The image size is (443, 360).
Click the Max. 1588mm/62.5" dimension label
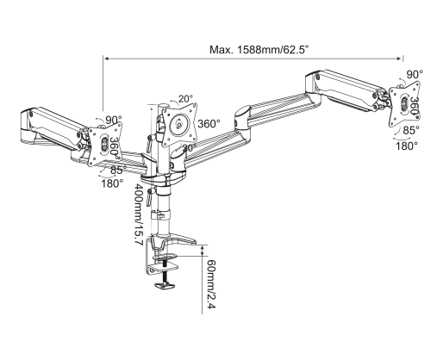259,50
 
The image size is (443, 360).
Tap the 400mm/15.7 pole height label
139,214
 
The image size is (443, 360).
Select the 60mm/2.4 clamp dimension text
211,284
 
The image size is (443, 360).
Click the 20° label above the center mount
185,99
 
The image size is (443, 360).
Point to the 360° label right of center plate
209,124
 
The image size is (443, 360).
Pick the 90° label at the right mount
415,74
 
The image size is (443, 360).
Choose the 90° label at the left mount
114,120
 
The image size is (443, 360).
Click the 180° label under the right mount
407,146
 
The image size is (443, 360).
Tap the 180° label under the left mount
112,183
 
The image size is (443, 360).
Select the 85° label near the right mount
411,130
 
